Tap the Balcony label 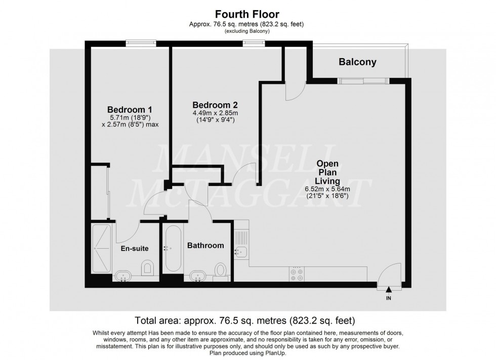click(357, 62)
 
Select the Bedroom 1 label click(130, 110)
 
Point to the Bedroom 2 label click(215, 105)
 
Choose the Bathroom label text click(205, 245)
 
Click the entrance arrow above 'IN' click(388, 290)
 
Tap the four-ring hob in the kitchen click(297, 273)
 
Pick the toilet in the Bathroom click(220, 269)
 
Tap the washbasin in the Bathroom click(198, 276)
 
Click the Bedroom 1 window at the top click(141, 43)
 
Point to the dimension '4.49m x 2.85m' click(215, 113)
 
